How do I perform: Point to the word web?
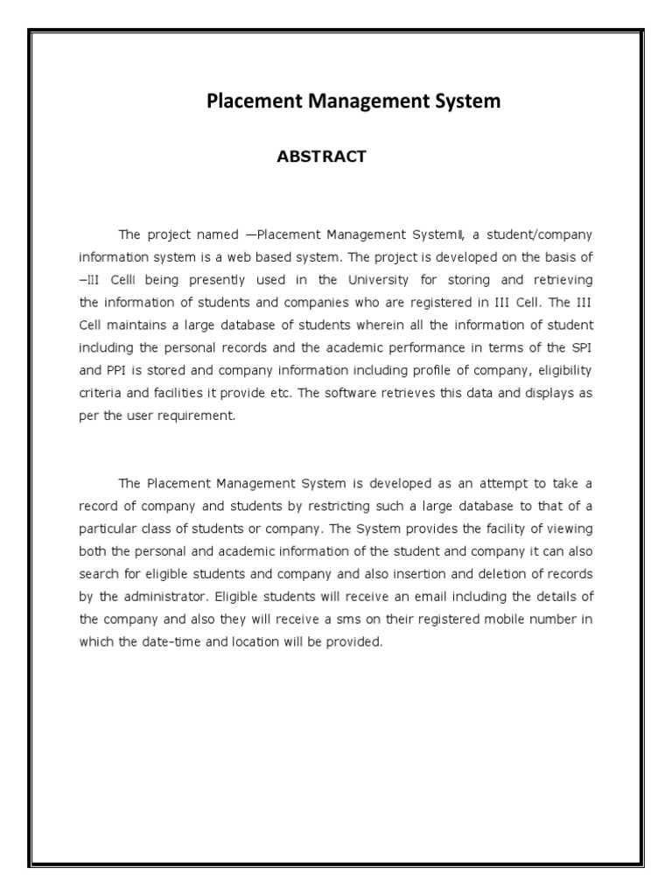255,257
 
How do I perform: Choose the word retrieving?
561,279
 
